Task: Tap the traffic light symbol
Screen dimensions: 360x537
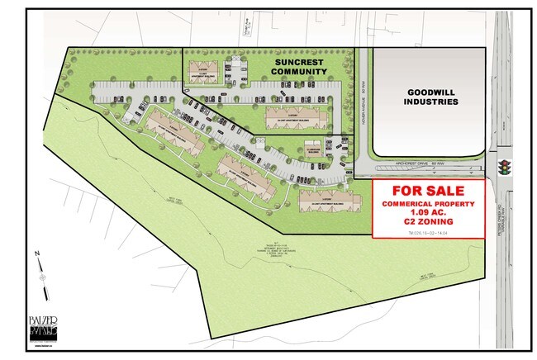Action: coord(504,167)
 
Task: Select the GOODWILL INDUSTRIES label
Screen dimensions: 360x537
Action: coord(430,97)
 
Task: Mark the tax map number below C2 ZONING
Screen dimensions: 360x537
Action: coord(427,235)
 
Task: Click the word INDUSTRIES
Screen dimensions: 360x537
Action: coord(430,103)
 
